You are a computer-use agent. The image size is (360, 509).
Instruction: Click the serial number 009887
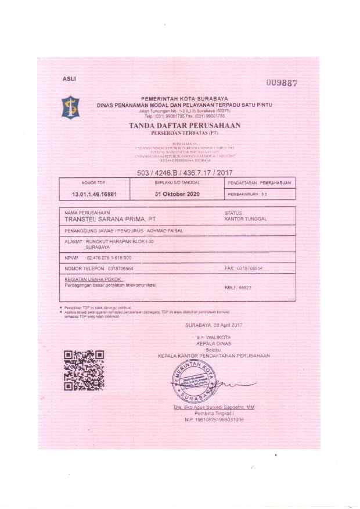click(282, 83)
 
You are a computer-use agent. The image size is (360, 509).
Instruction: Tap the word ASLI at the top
click(69, 78)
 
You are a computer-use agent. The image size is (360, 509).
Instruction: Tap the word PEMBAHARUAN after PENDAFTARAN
click(275, 182)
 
